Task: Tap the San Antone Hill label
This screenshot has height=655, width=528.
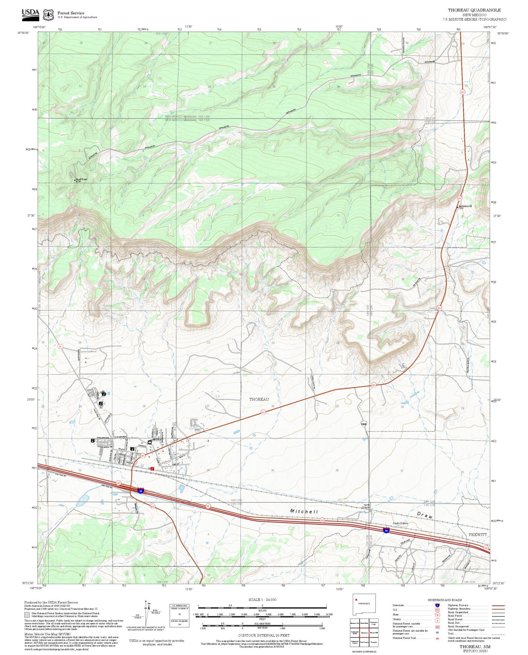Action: [465, 206]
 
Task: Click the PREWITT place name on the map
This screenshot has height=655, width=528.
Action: [477, 534]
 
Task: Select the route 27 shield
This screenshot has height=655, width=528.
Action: [60, 346]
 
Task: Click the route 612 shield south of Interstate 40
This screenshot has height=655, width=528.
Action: [152, 507]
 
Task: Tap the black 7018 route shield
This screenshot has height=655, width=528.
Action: [364, 424]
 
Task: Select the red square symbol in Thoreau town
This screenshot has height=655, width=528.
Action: [152, 469]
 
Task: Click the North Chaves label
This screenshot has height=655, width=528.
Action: [366, 506]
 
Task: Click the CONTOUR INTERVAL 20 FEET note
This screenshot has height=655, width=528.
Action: [264, 635]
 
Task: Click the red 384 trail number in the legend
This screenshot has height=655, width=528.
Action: [437, 638]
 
